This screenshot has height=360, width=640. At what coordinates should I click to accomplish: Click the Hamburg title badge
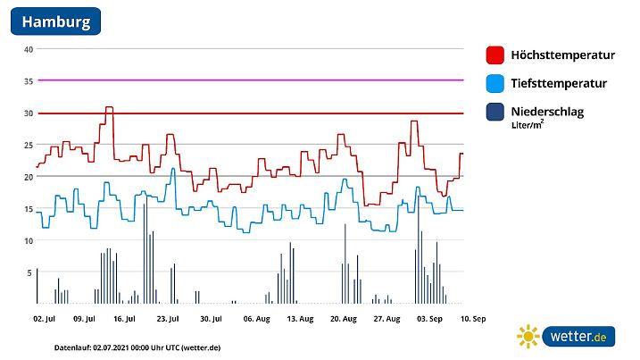pos(55,21)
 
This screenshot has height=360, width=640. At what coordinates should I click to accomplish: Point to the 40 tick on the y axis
pos(29,49)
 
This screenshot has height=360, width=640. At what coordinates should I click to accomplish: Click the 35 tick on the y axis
pos(29,81)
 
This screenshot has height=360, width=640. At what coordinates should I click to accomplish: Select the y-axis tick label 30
pos(29,113)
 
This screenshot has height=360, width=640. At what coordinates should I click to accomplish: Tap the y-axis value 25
pos(29,145)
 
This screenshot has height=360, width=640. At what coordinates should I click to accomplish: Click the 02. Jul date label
pos(45,317)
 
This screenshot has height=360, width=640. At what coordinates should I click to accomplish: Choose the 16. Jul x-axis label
pos(125,317)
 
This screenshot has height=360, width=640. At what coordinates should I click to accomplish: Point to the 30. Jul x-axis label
pos(211,317)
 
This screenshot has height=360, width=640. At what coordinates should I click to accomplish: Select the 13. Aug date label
pos(298,317)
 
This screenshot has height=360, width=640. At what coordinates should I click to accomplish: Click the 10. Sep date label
pos(471,317)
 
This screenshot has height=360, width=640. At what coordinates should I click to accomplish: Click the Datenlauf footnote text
pos(125,346)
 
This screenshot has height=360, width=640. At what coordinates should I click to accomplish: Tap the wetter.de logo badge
pos(578,337)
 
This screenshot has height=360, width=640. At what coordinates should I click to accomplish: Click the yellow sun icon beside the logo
pos(528,337)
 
